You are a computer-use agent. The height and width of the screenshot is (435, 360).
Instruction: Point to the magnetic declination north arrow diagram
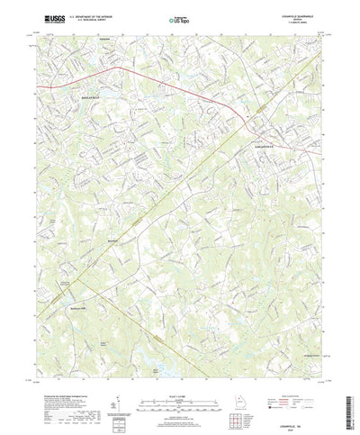[x=120, y=388]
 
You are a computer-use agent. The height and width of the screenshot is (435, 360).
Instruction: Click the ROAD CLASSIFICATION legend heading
[x=292, y=377]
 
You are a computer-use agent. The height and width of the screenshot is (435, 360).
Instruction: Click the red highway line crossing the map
[x=135, y=72]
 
